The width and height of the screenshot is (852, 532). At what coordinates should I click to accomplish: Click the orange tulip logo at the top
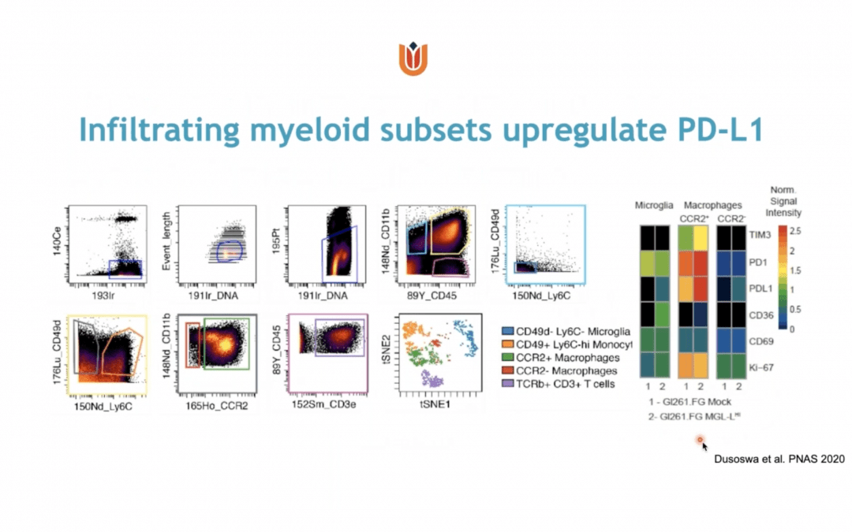[415, 61]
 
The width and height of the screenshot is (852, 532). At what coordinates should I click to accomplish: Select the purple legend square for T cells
[509, 384]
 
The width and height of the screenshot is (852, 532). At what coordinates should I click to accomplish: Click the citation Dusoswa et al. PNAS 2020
[777, 457]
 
